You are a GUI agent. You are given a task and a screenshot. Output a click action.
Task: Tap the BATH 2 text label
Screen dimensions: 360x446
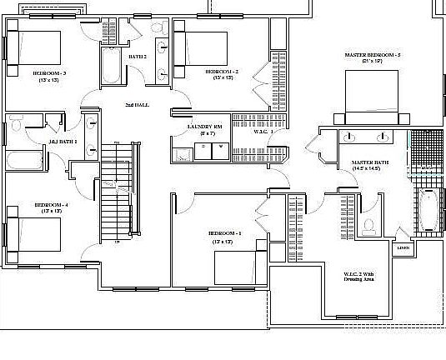(138, 56)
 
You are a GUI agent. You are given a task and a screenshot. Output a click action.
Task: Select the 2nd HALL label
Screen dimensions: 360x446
(137, 106)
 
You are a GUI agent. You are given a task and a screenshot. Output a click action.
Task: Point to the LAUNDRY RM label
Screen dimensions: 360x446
(203, 127)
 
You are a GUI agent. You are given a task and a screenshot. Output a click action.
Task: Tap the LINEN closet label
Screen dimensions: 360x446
(403, 247)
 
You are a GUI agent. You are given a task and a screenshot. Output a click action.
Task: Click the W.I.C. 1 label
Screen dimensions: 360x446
(264, 131)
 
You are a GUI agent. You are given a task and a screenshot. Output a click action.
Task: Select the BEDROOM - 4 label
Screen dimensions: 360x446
(51, 205)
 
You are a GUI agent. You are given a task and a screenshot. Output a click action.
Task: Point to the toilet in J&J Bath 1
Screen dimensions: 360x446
(16, 126)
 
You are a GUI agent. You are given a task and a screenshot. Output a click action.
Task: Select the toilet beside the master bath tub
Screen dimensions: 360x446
(368, 225)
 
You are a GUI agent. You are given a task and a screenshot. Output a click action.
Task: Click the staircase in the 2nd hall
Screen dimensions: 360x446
(114, 192)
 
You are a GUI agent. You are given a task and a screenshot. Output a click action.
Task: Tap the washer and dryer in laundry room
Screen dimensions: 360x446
(212, 149)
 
